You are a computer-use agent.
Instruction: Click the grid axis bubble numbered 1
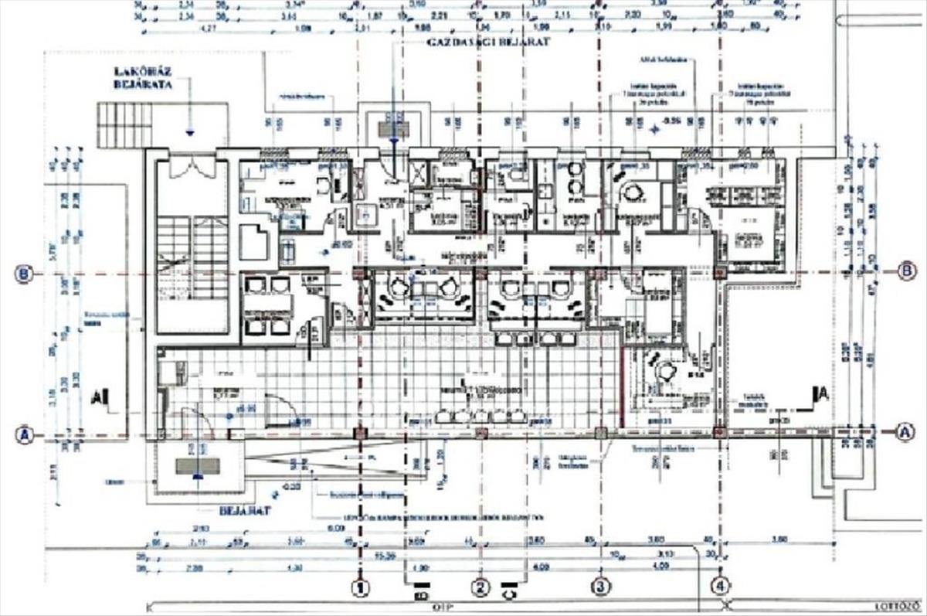(x=360, y=587)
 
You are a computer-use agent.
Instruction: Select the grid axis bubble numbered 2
(x=480, y=587)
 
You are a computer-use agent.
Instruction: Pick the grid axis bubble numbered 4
(x=720, y=587)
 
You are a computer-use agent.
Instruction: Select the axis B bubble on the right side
(x=907, y=271)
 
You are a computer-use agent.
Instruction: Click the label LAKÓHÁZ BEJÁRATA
(x=141, y=78)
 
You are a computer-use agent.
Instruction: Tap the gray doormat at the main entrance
(x=198, y=466)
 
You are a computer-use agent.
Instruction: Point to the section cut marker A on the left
(x=99, y=398)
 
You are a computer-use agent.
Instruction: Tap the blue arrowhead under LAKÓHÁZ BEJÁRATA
(x=190, y=132)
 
